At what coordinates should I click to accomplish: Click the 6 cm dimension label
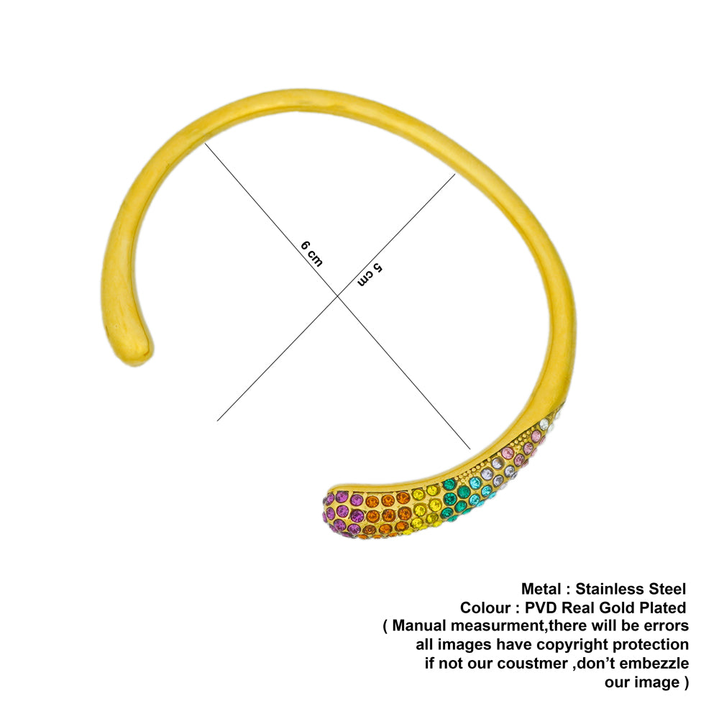pyautogui.click(x=311, y=254)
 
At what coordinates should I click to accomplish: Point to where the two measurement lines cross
pyautogui.click(x=338, y=296)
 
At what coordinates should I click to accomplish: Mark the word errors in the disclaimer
pyautogui.click(x=666, y=626)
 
